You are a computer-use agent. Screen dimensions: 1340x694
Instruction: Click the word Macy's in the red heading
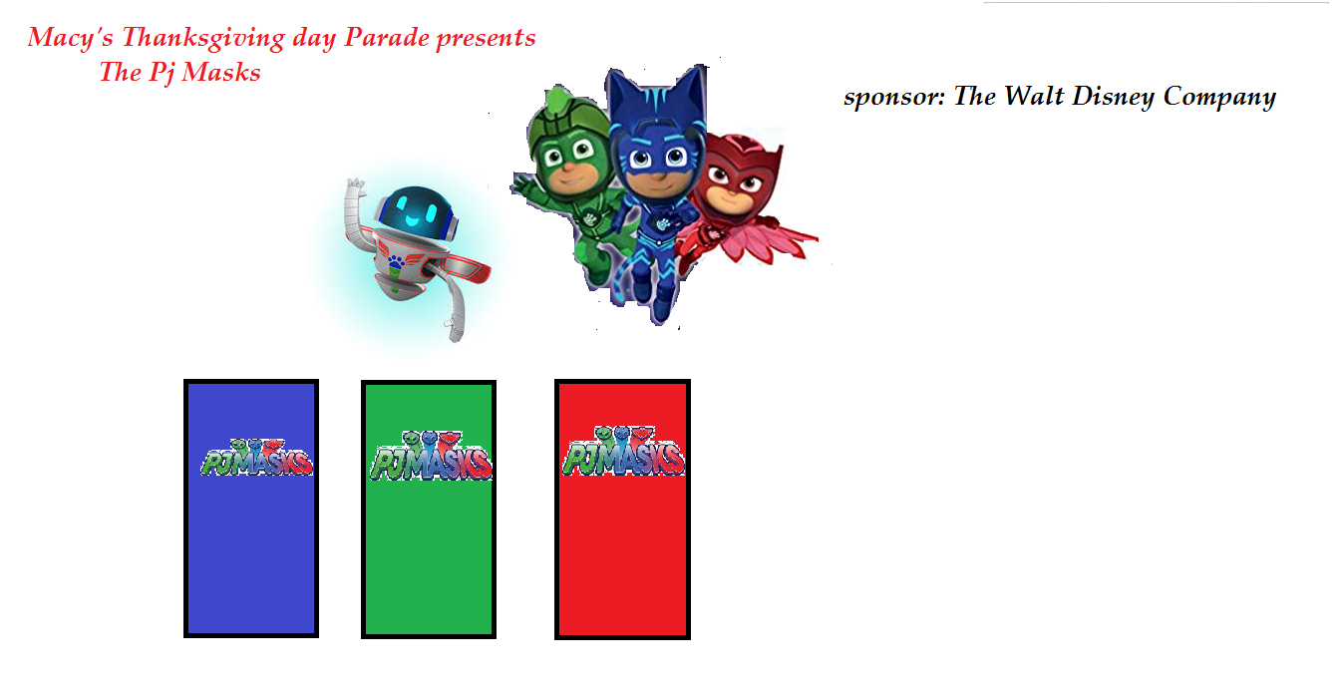pyautogui.click(x=70, y=38)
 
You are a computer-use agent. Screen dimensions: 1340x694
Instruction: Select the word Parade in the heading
pyautogui.click(x=387, y=37)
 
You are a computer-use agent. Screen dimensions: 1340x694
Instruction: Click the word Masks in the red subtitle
pyautogui.click(x=221, y=73)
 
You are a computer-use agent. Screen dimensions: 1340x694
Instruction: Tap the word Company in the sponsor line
pyautogui.click(x=1219, y=98)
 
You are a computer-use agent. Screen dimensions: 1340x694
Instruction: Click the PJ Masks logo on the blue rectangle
pyautogui.click(x=256, y=458)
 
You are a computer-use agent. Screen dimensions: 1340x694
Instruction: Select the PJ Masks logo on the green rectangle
pyautogui.click(x=431, y=456)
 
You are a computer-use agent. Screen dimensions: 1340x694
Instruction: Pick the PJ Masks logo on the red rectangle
pyautogui.click(x=623, y=451)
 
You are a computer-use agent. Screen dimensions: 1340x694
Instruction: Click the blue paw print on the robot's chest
pyautogui.click(x=396, y=261)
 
